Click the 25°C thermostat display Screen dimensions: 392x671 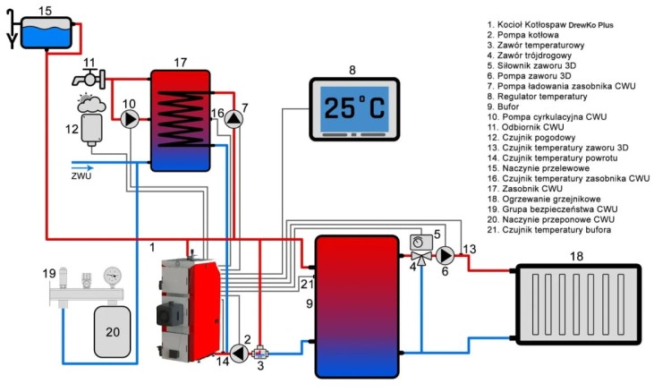pos(352,110)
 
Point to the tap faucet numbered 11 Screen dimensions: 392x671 pos(89,81)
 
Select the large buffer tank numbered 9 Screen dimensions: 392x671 pos(356,305)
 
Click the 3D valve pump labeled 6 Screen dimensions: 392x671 pos(445,254)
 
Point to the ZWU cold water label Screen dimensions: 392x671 pos(81,175)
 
